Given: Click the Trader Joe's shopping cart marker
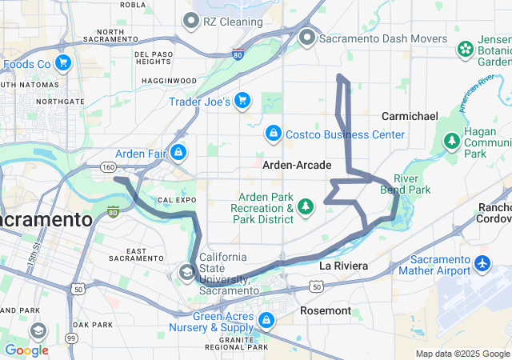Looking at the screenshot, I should (x=242, y=102).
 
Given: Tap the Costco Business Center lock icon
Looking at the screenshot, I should (x=274, y=134).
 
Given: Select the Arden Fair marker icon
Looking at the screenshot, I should (x=178, y=151).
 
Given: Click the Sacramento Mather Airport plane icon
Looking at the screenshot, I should (x=482, y=263).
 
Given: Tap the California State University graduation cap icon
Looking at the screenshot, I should (x=187, y=273).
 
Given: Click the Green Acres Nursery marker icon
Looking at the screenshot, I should (x=266, y=322).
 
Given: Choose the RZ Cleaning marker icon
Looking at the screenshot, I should (x=190, y=20).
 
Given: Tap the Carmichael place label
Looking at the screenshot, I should (x=410, y=116).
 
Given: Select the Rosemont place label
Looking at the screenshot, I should (x=326, y=310).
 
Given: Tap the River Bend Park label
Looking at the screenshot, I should (x=412, y=184).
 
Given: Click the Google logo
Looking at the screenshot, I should (x=26, y=350).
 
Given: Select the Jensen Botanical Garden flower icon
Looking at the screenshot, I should (x=466, y=50).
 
